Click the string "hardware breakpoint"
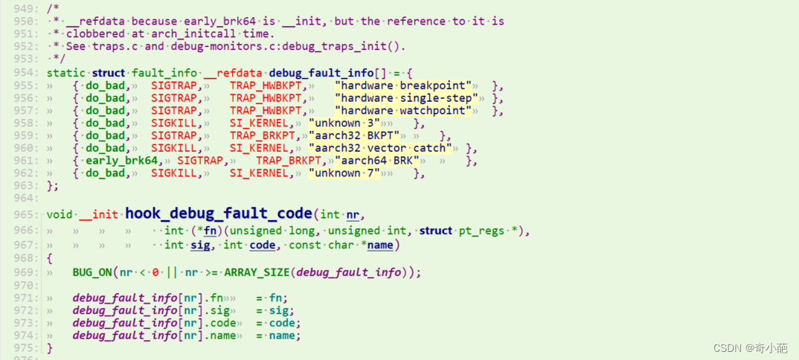click(405, 86)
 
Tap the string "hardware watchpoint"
click(404, 111)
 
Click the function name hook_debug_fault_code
click(221, 214)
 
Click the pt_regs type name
click(481, 231)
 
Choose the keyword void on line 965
click(60, 214)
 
